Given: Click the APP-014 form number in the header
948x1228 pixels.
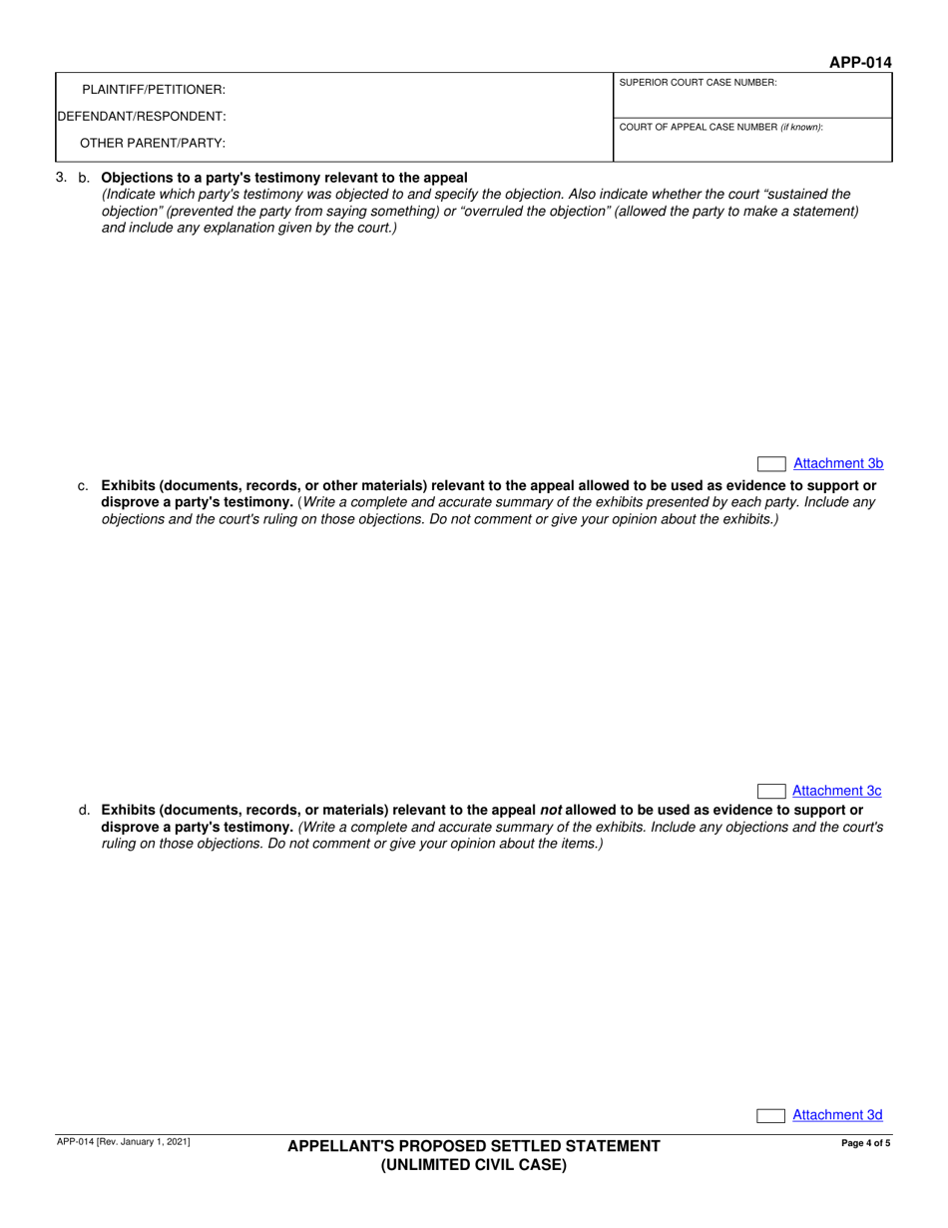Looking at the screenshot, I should pyautogui.click(x=859, y=63).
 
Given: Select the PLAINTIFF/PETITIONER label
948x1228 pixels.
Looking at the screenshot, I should pyautogui.click(x=153, y=90).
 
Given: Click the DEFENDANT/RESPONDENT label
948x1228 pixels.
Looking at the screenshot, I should pyautogui.click(x=142, y=116).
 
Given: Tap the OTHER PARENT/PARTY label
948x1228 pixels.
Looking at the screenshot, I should pyautogui.click(x=153, y=143).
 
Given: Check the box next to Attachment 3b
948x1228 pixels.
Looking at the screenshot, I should pyautogui.click(x=771, y=464).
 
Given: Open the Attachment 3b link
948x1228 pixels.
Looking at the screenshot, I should pyautogui.click(x=837, y=463).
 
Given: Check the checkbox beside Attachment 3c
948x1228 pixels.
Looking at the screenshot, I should pyautogui.click(x=771, y=792).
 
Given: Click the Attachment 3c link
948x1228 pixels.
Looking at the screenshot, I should pyautogui.click(x=836, y=791).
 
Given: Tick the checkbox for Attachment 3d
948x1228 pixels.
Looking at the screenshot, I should pyautogui.click(x=771, y=1116).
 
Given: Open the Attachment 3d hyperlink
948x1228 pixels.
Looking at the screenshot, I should pyautogui.click(x=837, y=1115).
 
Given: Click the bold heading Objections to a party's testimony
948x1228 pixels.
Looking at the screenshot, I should pyautogui.click(x=284, y=178).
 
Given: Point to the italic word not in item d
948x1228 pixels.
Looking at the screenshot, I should pyautogui.click(x=551, y=811).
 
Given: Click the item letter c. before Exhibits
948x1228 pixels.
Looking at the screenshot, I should pyautogui.click(x=83, y=486).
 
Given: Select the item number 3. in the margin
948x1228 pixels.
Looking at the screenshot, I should pyautogui.click(x=62, y=178).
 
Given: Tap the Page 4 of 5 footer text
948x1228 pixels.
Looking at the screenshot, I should pyautogui.click(x=865, y=1144).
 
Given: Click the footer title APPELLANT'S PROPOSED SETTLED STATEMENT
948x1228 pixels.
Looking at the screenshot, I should pyautogui.click(x=474, y=1146).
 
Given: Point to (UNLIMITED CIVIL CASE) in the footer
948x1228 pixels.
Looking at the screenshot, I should pyautogui.click(x=474, y=1164).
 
